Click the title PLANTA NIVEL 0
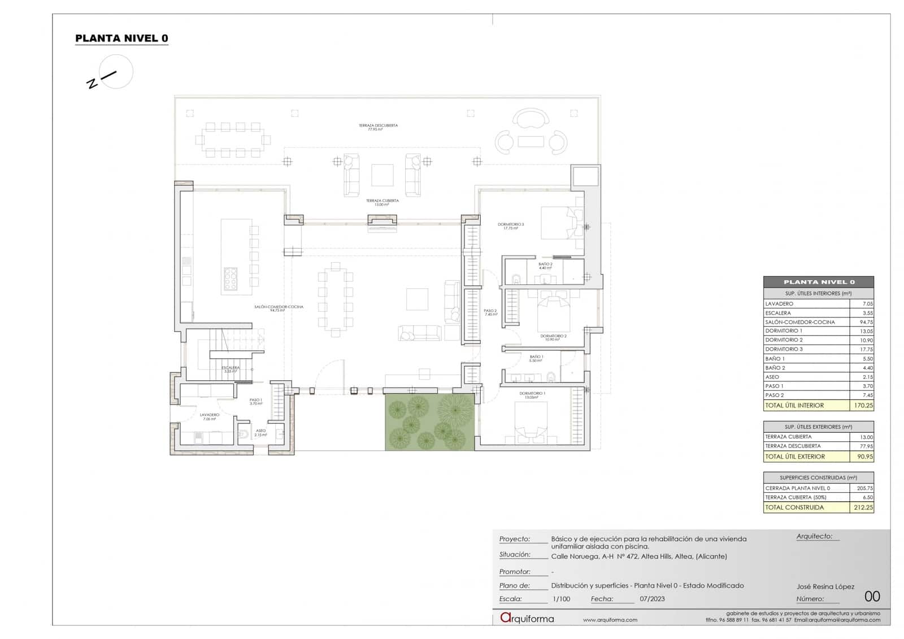click(121, 38)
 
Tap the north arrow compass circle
click(116, 72)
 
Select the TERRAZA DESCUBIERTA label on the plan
click(378, 126)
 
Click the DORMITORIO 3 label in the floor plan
click(511, 225)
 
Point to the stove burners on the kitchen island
click(231, 278)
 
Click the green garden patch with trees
click(429, 422)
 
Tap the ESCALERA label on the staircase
click(231, 368)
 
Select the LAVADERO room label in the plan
click(209, 415)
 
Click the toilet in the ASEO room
click(244, 434)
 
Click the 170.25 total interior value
click(863, 405)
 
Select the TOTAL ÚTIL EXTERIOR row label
click(795, 457)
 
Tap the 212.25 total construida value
click(863, 507)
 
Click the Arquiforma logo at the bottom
click(527, 618)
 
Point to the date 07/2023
click(652, 599)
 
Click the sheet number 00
click(872, 597)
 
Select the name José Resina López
click(825, 586)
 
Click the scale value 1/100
click(561, 599)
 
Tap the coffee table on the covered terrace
click(383, 175)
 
